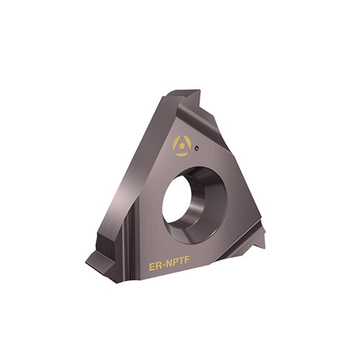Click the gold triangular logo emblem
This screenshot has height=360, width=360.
tap(182, 145)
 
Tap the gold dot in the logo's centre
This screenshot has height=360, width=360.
tap(182, 145)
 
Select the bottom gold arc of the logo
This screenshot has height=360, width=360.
tap(181, 154)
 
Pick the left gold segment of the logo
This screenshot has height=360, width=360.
tap(176, 143)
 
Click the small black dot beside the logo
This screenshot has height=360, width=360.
tap(197, 148)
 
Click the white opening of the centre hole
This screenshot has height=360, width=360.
tap(176, 200)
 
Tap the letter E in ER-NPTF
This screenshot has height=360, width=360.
tap(153, 266)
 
